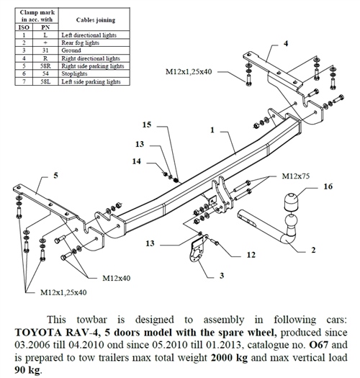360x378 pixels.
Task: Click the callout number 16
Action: [x=328, y=185]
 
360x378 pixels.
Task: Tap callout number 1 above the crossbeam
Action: [x=214, y=130]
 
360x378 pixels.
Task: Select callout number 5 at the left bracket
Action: [x=55, y=175]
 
